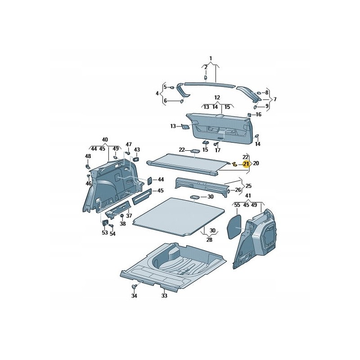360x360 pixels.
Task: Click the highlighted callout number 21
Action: click(246, 164)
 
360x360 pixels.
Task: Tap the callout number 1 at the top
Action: click(211, 58)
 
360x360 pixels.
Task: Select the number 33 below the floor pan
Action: click(164, 296)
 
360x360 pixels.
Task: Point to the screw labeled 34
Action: click(134, 286)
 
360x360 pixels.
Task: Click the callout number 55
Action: click(237, 205)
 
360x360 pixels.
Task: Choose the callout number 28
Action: click(209, 240)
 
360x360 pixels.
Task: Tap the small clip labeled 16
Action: click(249, 114)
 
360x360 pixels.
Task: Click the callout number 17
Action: click(218, 150)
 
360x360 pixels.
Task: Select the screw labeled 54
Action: click(112, 226)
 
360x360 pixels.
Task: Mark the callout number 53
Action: click(105, 233)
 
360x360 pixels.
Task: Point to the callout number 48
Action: click(88, 156)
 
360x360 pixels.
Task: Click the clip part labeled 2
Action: click(206, 78)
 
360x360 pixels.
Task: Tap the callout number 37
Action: click(129, 216)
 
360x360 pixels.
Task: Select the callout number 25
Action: click(248, 185)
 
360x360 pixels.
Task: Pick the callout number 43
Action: click(137, 149)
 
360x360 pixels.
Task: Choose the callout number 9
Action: click(267, 106)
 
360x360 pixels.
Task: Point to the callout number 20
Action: click(256, 163)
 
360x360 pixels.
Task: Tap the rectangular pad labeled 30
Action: click(194, 197)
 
